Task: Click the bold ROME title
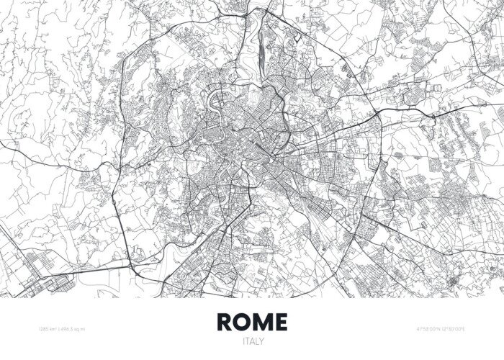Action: point(251,321)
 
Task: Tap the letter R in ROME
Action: point(225,321)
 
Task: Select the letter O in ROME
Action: point(243,321)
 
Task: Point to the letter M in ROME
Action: point(262,321)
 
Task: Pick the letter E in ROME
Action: point(280,321)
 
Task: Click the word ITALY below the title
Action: point(252,340)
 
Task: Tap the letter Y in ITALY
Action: point(261,340)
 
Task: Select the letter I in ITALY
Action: point(243,340)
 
